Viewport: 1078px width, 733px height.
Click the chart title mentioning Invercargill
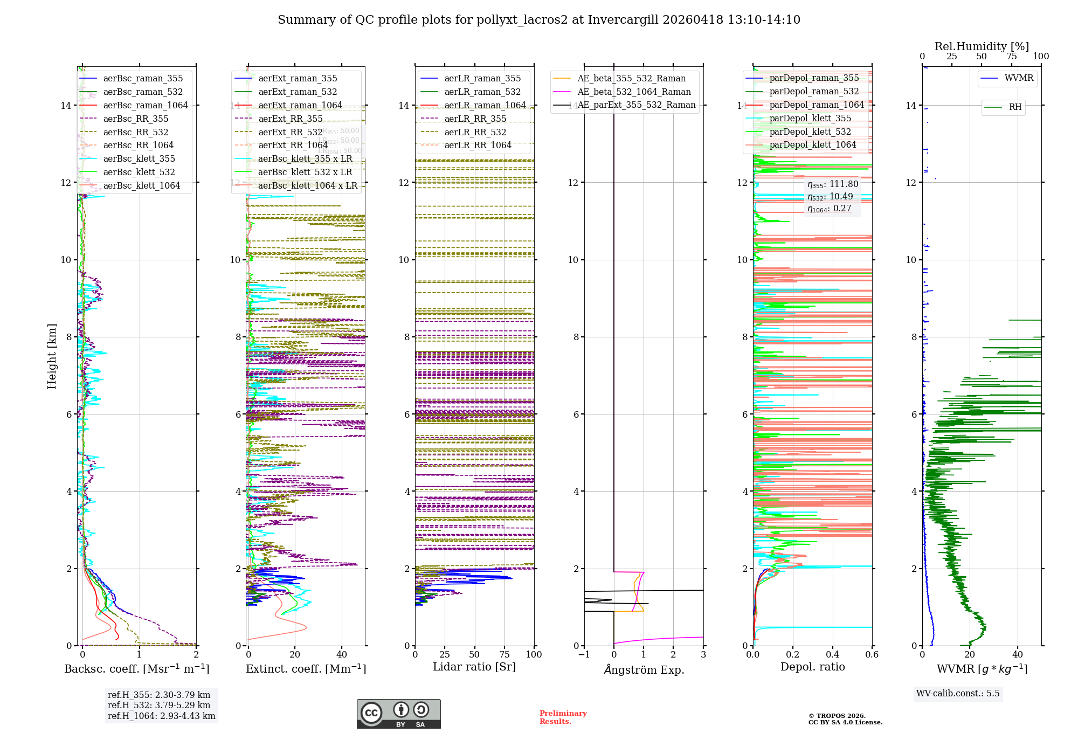[x=539, y=20]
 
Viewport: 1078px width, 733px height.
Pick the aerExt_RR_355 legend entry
[x=290, y=119]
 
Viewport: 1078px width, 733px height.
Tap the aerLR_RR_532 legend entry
[x=475, y=132]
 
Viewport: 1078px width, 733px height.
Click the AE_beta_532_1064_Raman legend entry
[x=634, y=92]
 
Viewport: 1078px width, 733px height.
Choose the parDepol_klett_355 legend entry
[x=810, y=118]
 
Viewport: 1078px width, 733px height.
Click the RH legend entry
[x=1015, y=107]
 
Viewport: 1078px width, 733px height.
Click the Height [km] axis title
[x=52, y=356]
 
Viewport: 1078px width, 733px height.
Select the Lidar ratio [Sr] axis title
[x=474, y=667]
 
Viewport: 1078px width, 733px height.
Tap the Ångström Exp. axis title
[x=644, y=669]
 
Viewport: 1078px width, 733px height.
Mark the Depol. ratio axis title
[x=812, y=667]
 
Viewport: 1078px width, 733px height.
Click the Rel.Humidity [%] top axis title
[x=982, y=46]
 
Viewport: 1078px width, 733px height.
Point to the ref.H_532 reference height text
[x=159, y=705]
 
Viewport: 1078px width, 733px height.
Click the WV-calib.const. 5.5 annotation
[x=958, y=693]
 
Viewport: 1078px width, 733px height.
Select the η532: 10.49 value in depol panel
[x=830, y=197]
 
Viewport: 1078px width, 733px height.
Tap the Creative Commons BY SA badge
[x=398, y=714]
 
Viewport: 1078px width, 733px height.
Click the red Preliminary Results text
[x=563, y=717]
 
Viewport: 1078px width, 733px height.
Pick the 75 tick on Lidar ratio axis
[x=505, y=654]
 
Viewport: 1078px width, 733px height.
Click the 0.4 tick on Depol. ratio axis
[x=832, y=654]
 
